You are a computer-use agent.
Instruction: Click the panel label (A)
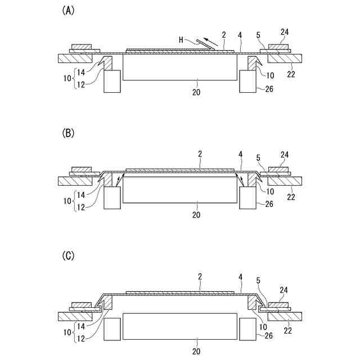click(x=66, y=12)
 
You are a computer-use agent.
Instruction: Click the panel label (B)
click(x=66, y=133)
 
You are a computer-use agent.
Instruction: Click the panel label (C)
click(x=66, y=255)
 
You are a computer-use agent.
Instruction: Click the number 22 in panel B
click(x=291, y=197)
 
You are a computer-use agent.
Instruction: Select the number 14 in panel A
click(x=82, y=71)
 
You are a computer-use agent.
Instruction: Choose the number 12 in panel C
click(x=82, y=339)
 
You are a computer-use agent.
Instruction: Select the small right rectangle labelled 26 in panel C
click(x=248, y=328)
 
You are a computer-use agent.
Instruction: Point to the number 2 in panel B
click(x=200, y=153)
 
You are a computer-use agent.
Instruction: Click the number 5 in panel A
click(x=258, y=34)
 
